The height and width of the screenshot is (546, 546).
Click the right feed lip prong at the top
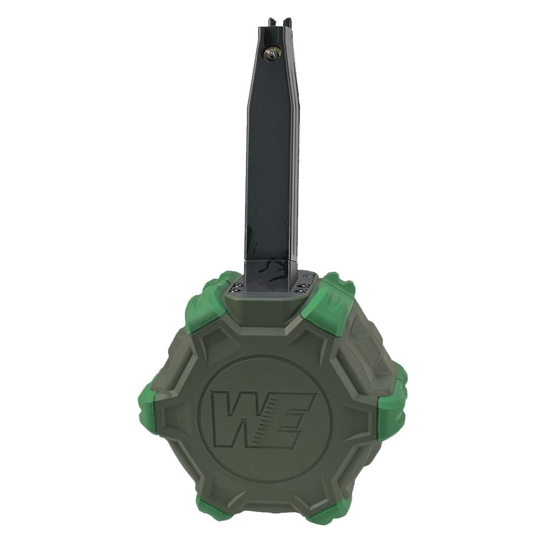point(287,22)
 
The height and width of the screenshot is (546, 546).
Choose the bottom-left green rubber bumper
point(212,511)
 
